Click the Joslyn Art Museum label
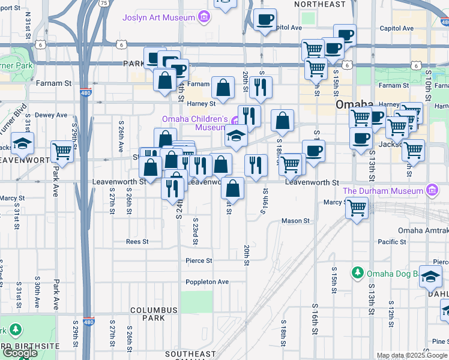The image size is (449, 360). tap(158, 17)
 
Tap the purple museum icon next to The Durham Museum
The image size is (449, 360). tap(430, 191)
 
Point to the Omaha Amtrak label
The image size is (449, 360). tap(423, 230)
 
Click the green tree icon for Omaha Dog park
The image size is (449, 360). tap(358, 273)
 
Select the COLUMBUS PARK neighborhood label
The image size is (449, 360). tap(155, 310)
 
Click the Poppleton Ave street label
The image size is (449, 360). tap(207, 281)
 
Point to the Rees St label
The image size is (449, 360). tap(137, 242)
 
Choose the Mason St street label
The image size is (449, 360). tap(295, 221)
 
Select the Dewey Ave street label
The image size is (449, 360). tap(51, 115)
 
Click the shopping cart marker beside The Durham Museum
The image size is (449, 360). tap(357, 209)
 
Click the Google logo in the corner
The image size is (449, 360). tap(20, 353)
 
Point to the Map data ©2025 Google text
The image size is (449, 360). tap(412, 355)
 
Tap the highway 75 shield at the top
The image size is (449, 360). tap(104, 3)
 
